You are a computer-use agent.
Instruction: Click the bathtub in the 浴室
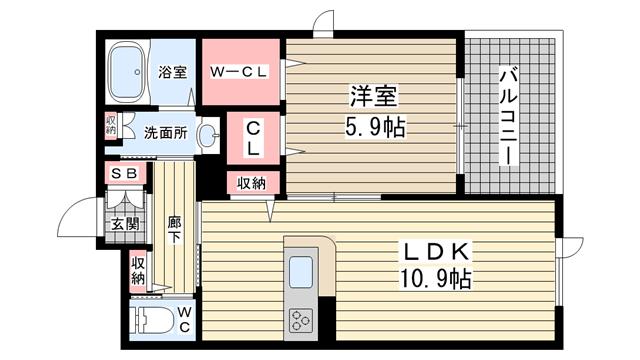128,73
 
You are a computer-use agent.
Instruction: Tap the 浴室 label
173,72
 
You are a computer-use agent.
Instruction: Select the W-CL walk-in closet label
239,72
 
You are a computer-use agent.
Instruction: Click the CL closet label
253,139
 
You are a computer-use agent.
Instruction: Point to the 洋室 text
373,96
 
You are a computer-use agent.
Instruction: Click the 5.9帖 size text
376,127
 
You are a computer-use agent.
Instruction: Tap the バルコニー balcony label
509,118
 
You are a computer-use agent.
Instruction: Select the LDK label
436,252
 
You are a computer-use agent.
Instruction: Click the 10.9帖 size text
436,279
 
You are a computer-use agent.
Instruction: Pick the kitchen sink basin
301,272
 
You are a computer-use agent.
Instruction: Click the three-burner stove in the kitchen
301,320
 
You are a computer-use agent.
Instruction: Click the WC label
184,320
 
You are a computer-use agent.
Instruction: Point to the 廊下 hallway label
175,230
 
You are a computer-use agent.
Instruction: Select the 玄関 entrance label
125,224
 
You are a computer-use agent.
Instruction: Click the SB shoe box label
124,173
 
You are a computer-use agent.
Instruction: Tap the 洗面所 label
166,133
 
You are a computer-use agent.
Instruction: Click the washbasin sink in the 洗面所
209,135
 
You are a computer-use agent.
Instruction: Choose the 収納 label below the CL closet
252,183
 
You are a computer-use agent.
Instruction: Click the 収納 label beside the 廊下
138,271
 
